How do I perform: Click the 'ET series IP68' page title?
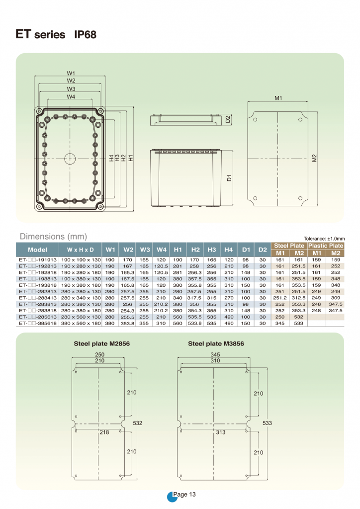click(56, 34)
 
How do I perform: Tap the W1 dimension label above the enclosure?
click(71, 73)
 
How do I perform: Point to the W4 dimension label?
click(71, 97)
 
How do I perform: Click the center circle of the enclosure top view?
click(70, 159)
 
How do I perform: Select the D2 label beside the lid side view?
click(228, 119)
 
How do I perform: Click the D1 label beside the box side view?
click(229, 178)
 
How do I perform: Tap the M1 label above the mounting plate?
click(278, 98)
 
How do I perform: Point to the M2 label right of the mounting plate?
click(314, 158)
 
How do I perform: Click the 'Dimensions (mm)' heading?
click(53, 236)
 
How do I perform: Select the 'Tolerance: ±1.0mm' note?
click(324, 239)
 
